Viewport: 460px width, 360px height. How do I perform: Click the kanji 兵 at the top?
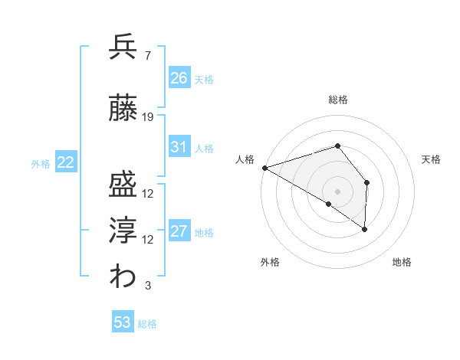coord(123,47)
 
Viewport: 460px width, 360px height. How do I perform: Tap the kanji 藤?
coord(123,110)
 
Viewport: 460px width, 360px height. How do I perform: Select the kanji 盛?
coord(123,185)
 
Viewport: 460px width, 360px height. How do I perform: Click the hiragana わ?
coord(123,277)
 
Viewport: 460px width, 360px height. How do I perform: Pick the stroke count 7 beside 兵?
coord(147,55)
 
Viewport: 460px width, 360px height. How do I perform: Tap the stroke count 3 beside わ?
coord(147,286)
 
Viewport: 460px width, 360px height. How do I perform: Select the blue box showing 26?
coord(179,77)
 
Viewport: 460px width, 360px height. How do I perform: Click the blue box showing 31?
coord(179,146)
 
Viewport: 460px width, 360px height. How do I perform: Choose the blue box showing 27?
coord(179,231)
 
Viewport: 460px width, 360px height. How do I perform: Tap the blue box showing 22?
coord(66,162)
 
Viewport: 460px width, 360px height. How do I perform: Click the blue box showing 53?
coord(123,322)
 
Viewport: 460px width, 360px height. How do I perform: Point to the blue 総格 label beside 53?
coord(147,324)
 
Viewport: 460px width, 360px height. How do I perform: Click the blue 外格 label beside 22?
coord(41,163)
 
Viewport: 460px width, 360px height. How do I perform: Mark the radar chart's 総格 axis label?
coord(337,100)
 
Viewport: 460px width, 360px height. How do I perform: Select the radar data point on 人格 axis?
coord(264,168)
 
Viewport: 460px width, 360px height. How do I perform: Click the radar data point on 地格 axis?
coord(365,229)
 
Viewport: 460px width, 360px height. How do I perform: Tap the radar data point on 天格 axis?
coord(367,182)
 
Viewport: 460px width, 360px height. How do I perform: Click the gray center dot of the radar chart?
coord(337,191)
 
